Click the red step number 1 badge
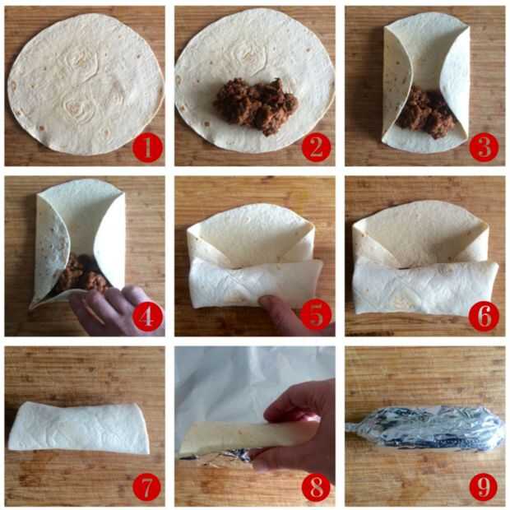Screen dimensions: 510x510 click(x=147, y=148)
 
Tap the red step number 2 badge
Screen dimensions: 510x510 click(x=316, y=148)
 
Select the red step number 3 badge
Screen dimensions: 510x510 click(x=484, y=147)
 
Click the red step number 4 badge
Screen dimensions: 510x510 click(x=147, y=317)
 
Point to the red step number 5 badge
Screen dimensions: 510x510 click(x=316, y=316)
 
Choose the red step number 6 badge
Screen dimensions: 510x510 click(x=484, y=316)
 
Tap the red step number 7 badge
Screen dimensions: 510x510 click(x=147, y=487)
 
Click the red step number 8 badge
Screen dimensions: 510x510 click(x=316, y=487)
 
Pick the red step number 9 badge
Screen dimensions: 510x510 click(x=484, y=487)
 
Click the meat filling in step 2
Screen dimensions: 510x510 click(x=256, y=105)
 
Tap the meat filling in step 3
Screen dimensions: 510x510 click(x=425, y=113)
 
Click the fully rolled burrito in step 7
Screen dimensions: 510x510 click(x=79, y=428)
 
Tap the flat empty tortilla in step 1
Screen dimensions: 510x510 click(x=86, y=84)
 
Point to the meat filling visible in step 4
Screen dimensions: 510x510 click(x=81, y=273)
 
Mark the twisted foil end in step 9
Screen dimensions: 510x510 click(x=355, y=426)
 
